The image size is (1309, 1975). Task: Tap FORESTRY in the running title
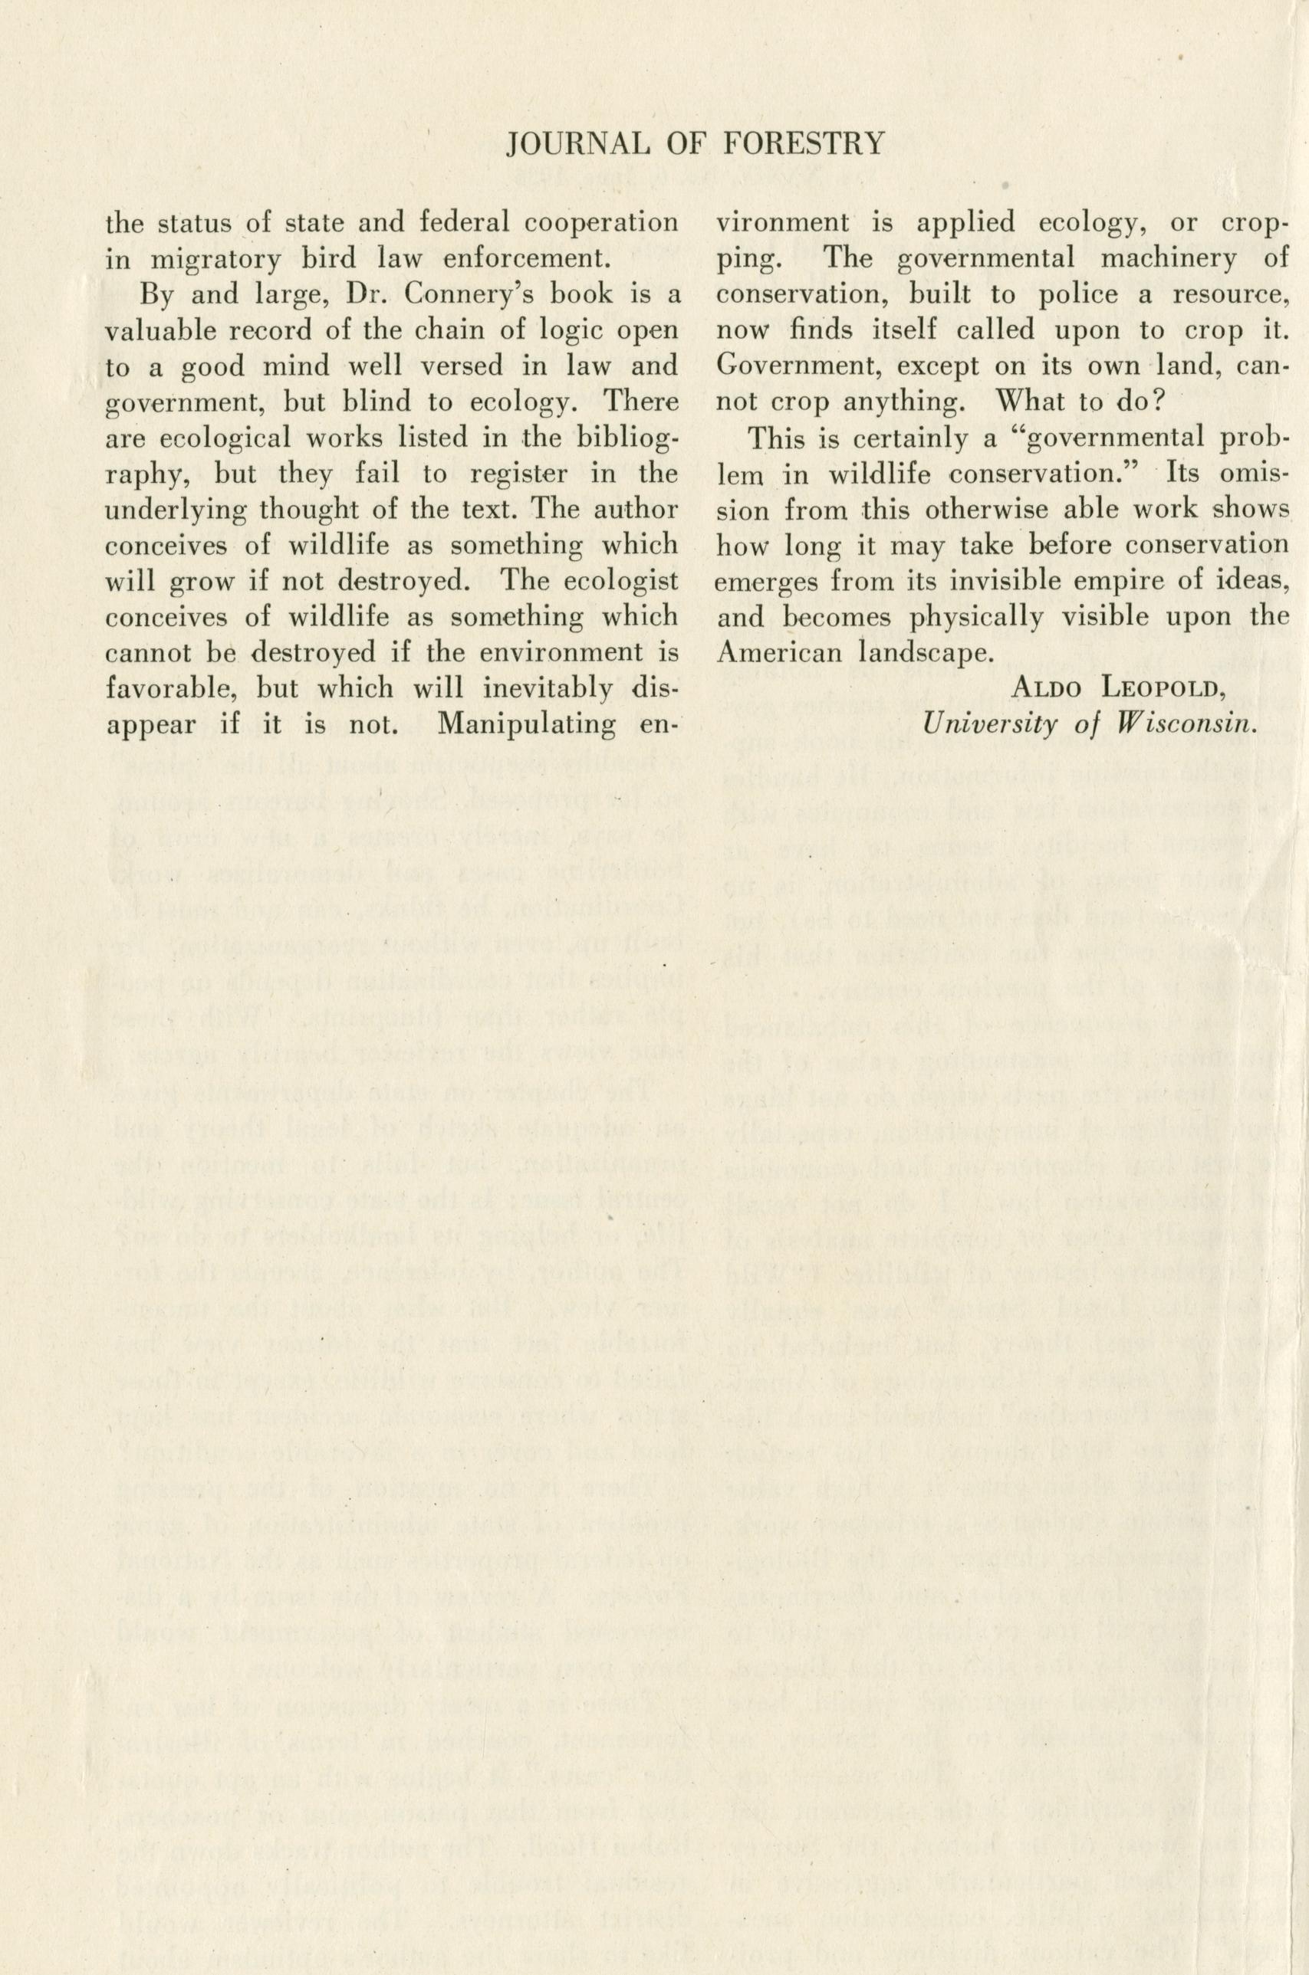(800, 144)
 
